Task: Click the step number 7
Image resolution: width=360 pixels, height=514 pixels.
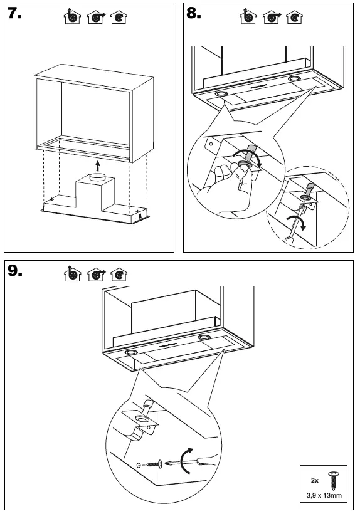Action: point(14,13)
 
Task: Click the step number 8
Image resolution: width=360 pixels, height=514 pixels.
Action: point(194,13)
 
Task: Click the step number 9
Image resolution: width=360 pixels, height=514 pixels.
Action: point(15,270)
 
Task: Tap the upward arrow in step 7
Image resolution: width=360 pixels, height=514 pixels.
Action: point(97,165)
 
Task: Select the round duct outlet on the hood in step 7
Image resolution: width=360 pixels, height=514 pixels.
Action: point(96,176)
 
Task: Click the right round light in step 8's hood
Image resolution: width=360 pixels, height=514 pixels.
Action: point(294,79)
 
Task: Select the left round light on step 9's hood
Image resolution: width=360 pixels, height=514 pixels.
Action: point(131,352)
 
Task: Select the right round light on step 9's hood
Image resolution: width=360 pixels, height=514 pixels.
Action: point(204,337)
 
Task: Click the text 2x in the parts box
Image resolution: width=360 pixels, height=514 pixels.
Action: point(315,480)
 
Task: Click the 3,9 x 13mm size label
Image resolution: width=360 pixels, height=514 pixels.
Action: point(324,495)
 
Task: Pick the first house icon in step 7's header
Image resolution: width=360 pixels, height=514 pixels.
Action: point(72,16)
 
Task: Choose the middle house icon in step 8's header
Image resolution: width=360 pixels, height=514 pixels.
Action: point(272,17)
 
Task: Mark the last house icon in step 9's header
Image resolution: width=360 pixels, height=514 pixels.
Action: point(119,275)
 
